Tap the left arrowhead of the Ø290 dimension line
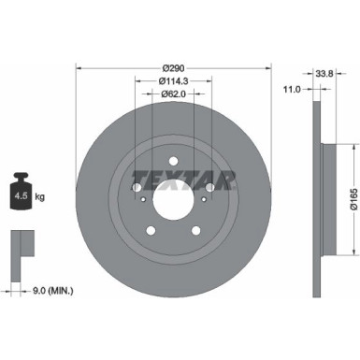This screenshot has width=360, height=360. point(79,66)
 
